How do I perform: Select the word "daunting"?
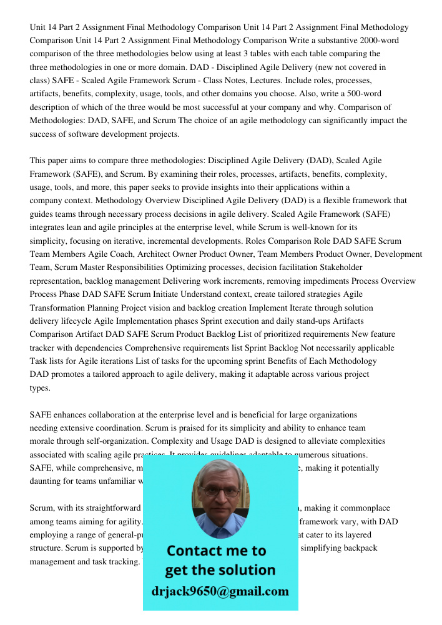47,481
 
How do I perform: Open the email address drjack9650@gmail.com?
220,591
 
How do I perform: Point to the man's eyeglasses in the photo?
220,492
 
